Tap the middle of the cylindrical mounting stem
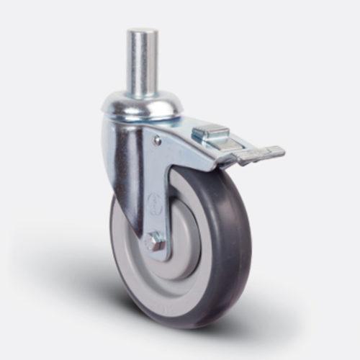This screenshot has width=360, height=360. tap(142, 65)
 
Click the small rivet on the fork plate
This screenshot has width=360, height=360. tap(158, 142)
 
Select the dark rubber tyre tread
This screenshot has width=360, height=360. tap(229, 238)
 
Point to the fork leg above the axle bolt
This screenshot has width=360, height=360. tap(157, 180)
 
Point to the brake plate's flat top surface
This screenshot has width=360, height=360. tap(209, 132)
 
